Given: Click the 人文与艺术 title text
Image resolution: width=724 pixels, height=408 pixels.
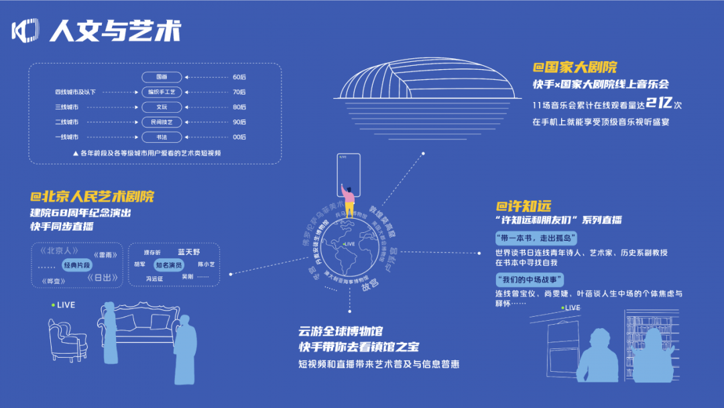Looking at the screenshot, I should click(x=115, y=31).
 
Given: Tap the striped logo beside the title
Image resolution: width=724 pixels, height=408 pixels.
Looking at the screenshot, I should click(x=25, y=31).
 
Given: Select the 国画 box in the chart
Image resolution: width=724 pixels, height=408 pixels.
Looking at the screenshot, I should click(x=162, y=77).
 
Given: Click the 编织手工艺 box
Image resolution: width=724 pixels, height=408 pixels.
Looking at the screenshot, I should click(x=162, y=92).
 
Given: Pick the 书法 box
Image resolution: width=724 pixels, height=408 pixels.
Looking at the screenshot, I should click(x=162, y=137).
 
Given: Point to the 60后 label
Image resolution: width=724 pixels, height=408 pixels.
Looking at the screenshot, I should click(x=239, y=77).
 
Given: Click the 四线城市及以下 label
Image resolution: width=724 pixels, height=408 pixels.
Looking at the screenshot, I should click(x=76, y=92).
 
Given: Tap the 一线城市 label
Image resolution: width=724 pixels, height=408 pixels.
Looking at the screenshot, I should click(x=66, y=137).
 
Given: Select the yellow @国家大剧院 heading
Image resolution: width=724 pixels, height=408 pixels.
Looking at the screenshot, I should click(x=575, y=67).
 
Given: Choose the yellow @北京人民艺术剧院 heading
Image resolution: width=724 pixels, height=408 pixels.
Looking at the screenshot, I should click(x=92, y=197).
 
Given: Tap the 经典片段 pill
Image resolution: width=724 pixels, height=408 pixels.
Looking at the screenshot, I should click(x=77, y=266).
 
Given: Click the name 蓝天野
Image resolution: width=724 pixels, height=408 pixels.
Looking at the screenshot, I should click(x=189, y=252).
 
